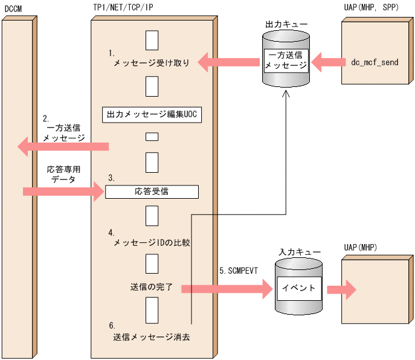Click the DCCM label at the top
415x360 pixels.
coord(13,8)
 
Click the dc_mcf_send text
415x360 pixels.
coord(375,62)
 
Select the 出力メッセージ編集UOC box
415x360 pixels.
coord(152,113)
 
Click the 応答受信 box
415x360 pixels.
coord(152,192)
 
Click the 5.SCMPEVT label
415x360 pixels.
coord(239,272)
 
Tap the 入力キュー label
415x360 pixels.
coord(295,251)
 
